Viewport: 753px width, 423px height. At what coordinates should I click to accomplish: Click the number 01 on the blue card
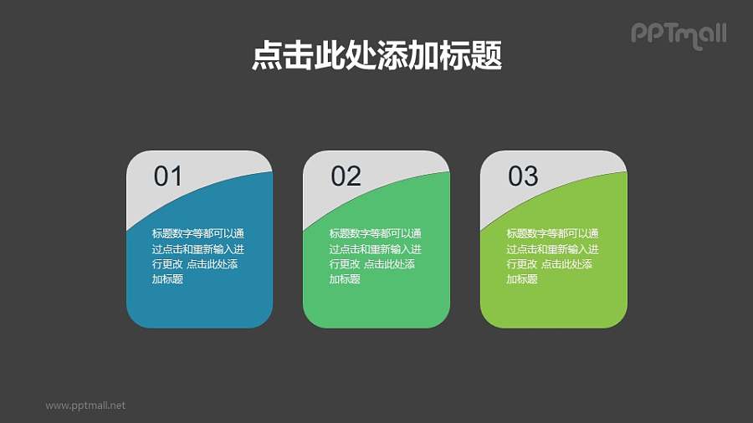point(167,176)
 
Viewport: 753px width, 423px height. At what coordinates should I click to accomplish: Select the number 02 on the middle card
point(346,176)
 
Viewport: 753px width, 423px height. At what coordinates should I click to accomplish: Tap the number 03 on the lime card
point(523,176)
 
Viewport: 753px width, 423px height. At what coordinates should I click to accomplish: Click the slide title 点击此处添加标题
point(376,56)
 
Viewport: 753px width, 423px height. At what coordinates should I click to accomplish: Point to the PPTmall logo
point(679,34)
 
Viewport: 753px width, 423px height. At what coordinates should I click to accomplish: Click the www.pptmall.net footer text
point(85,405)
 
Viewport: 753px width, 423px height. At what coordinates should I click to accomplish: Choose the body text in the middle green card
point(375,256)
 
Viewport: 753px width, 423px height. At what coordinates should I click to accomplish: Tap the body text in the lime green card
point(552,256)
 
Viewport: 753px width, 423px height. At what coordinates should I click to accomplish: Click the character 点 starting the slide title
point(265,56)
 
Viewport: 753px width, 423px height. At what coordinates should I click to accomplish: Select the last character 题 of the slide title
point(488,56)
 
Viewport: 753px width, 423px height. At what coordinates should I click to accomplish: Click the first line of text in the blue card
point(198,233)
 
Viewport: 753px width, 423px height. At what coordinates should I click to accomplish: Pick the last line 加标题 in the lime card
point(522,279)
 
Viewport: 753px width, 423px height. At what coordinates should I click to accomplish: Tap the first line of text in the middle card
point(375,233)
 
